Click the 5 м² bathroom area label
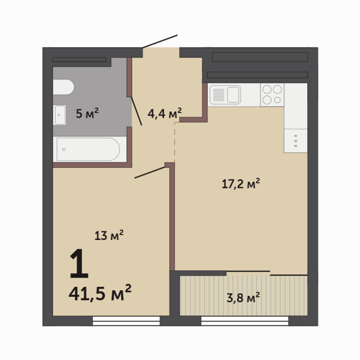click(87, 113)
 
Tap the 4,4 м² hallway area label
click(165, 113)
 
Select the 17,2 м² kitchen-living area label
click(241, 183)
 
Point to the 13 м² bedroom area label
click(109, 235)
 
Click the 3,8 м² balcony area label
click(243, 298)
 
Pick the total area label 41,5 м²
click(100, 292)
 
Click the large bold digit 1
click(79, 263)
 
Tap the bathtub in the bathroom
click(88, 149)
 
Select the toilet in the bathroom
click(64, 87)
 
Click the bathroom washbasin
click(60, 115)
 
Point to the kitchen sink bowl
click(233, 95)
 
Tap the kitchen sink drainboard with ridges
click(219, 95)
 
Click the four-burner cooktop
click(272, 95)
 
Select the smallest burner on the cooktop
click(277, 100)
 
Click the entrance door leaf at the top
click(160, 41)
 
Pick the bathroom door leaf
click(136, 111)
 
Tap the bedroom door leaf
click(150, 172)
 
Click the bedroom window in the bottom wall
click(126, 321)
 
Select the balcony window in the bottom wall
click(245, 321)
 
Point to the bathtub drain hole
click(64, 150)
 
